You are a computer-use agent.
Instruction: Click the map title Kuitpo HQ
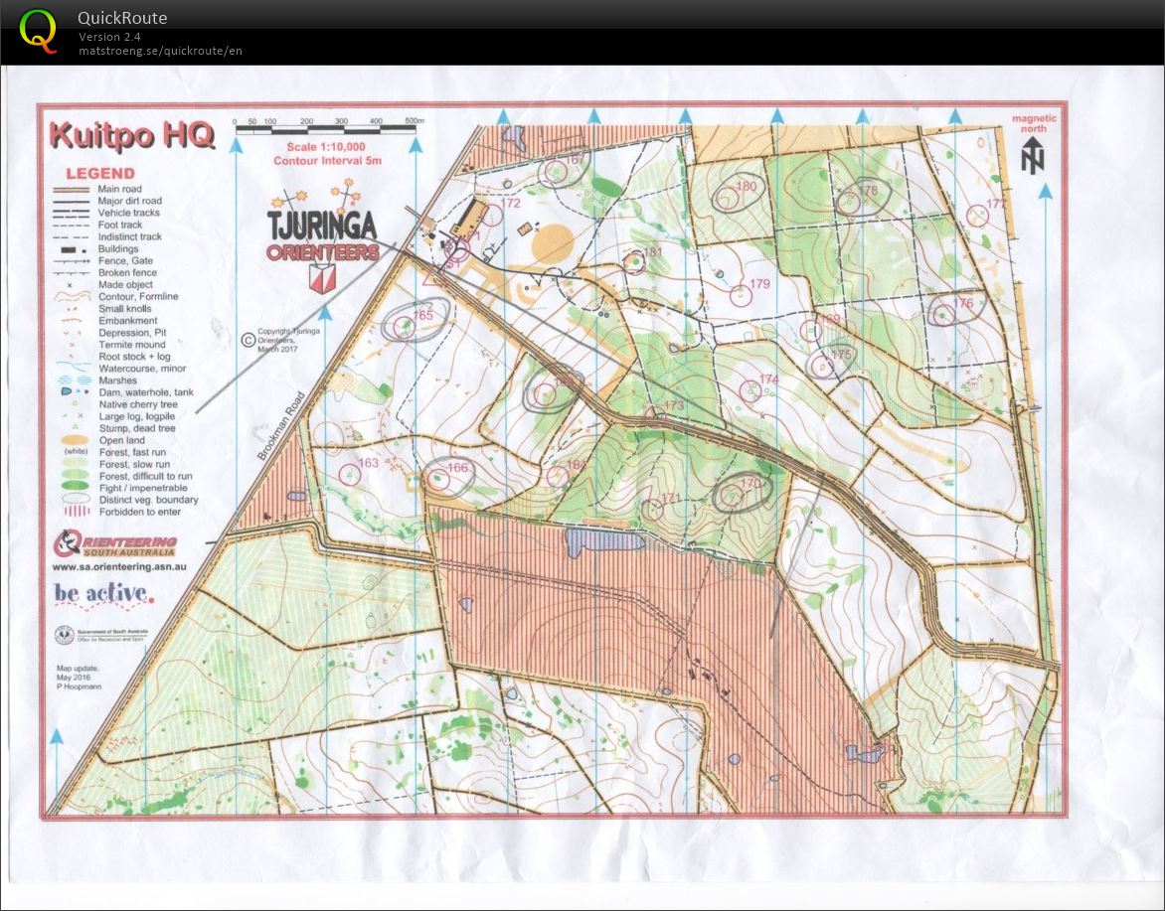pyautogui.click(x=131, y=135)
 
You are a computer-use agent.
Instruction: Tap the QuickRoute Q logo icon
pyautogui.click(x=38, y=30)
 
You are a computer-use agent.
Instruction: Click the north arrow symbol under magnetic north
pyautogui.click(x=1034, y=156)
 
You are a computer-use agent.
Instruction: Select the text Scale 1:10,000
pyautogui.click(x=327, y=147)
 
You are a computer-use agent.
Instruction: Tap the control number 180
pyautogui.click(x=746, y=187)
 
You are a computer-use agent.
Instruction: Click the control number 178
pyautogui.click(x=869, y=190)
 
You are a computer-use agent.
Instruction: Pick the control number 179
pyautogui.click(x=760, y=284)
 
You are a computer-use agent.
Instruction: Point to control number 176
pyautogui.click(x=962, y=304)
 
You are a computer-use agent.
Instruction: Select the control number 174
pyautogui.click(x=768, y=380)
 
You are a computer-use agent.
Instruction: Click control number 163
pyautogui.click(x=368, y=463)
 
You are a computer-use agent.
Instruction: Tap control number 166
pyautogui.click(x=457, y=468)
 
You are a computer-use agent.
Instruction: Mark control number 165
pyautogui.click(x=423, y=315)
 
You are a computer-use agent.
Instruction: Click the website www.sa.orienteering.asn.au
pyautogui.click(x=119, y=567)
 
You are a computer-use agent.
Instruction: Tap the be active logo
pyautogui.click(x=104, y=595)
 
